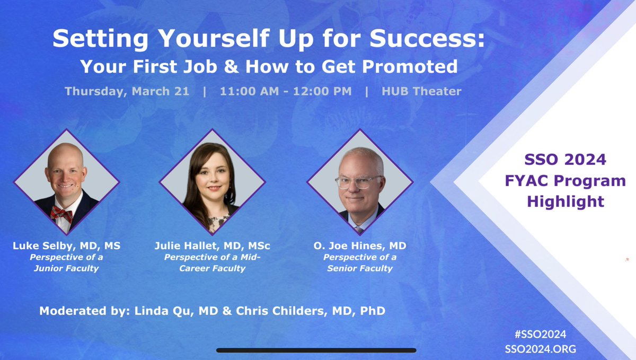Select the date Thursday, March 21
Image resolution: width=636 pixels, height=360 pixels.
(x=127, y=91)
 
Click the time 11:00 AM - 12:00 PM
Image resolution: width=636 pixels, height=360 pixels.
(x=286, y=91)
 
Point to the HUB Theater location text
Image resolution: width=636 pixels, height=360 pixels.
(x=421, y=91)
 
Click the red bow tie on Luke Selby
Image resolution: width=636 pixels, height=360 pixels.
(x=61, y=213)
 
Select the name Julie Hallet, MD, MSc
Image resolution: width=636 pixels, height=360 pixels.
(x=212, y=246)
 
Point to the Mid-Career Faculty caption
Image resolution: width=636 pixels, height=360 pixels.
(x=212, y=263)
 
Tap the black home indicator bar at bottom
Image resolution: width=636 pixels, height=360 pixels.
(x=316, y=350)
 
